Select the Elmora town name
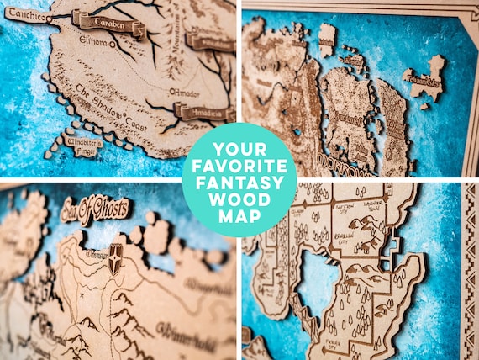click(x=92, y=40)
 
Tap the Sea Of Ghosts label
click(x=95, y=209)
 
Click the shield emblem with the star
click(x=114, y=261)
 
